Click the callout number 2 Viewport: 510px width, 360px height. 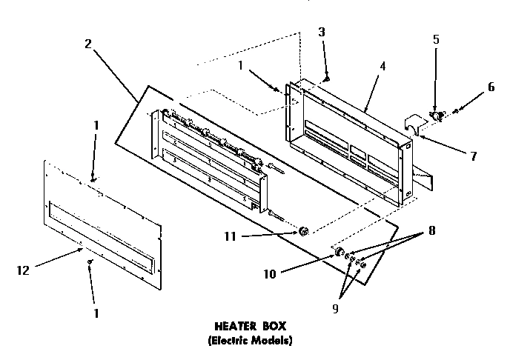(88, 44)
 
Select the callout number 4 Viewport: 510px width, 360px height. (383, 66)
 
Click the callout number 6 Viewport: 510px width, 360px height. (490, 87)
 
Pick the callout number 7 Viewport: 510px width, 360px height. (473, 156)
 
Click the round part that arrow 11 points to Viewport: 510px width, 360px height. (303, 233)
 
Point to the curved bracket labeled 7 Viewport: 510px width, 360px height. (412, 126)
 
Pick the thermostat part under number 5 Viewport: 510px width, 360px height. (437, 116)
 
